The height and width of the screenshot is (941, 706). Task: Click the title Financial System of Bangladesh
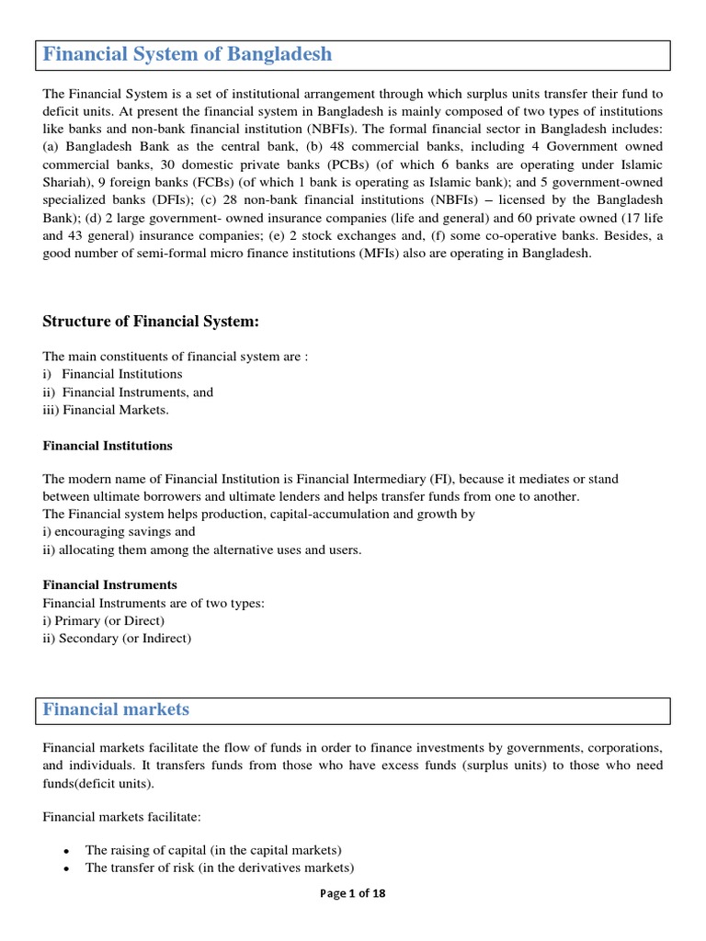188,54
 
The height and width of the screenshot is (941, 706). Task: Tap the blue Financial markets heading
117,709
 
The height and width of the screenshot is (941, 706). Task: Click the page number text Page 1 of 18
353,893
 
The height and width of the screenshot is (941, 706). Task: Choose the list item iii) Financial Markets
106,410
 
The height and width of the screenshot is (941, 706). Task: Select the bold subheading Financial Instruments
110,584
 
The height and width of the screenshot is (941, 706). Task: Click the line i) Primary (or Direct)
104,620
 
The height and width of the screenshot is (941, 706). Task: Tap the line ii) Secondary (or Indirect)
117,638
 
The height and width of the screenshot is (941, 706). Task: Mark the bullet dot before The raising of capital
65,851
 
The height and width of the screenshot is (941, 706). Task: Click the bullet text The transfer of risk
220,867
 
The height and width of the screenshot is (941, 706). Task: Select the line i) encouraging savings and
119,531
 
